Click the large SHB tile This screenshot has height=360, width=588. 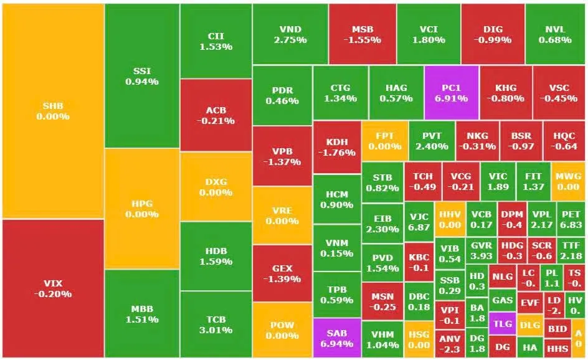click(52, 111)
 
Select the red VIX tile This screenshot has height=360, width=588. click(52, 288)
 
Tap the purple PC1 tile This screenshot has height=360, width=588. click(452, 93)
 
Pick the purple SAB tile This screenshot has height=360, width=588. click(336, 338)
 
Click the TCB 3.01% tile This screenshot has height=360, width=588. click(216, 324)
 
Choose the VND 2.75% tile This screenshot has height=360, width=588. click(290, 34)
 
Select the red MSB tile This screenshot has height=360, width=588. click(362, 34)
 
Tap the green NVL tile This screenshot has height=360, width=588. click(556, 34)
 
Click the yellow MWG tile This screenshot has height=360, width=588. click(568, 181)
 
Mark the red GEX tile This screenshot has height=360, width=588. click(282, 273)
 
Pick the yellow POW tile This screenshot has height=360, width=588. click(282, 329)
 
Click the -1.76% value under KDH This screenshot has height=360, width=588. click(337, 151)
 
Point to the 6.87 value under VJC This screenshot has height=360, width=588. click(419, 227)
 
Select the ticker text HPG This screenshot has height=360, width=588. click(142, 203)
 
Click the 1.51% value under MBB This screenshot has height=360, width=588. click(142, 320)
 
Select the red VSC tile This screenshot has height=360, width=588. click(554, 93)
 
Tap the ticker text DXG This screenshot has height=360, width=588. click(216, 182)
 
